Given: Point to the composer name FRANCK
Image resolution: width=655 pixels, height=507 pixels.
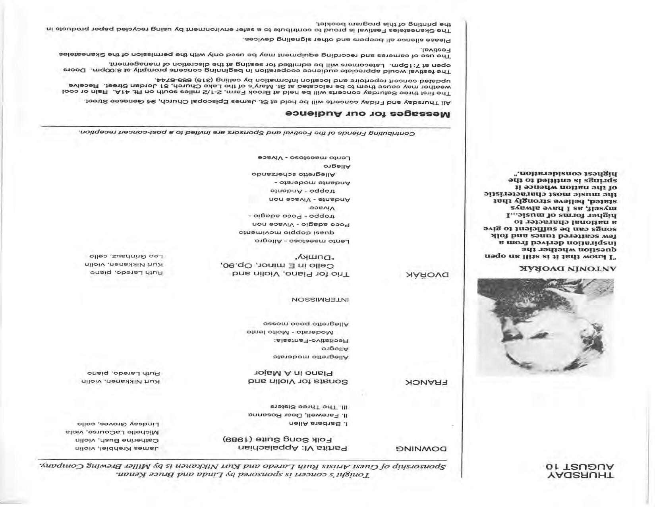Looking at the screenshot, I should click(x=426, y=383).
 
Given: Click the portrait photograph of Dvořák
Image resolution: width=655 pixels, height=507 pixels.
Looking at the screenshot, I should click(x=545, y=327).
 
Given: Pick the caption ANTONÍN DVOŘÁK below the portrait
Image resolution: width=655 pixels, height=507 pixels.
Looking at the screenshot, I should click(x=568, y=269).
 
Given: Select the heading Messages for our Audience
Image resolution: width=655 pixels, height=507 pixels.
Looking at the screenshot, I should click(x=367, y=114).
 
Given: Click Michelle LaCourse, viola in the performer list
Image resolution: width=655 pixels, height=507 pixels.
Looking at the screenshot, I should click(x=112, y=432).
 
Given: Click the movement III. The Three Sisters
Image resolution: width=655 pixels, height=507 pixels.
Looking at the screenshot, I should click(x=309, y=407).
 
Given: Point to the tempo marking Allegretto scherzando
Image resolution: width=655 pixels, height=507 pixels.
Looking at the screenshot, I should click(x=294, y=174).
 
